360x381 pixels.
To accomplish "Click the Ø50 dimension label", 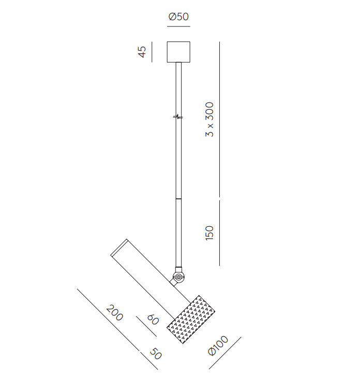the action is (178, 17).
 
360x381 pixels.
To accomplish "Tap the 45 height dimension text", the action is (142, 52).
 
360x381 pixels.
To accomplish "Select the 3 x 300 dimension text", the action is (209, 119).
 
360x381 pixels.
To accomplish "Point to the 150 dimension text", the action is (209, 233).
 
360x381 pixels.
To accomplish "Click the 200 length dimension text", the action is (115, 313).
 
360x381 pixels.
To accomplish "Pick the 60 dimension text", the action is (153, 319).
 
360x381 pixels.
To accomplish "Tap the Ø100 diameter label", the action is (218, 345).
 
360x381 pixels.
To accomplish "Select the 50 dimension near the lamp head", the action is (156, 354).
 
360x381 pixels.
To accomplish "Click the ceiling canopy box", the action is (178, 52).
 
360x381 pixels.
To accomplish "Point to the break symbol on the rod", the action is (178, 117).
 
